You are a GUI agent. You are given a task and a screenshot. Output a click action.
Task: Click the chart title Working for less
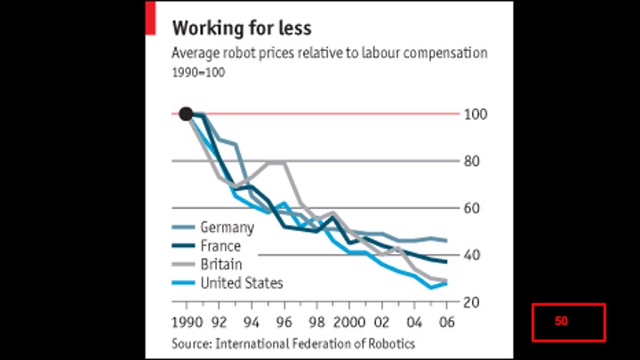(x=242, y=28)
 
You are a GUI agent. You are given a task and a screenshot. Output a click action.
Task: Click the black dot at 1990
(x=186, y=113)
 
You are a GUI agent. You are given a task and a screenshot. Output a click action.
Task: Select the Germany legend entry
(x=228, y=227)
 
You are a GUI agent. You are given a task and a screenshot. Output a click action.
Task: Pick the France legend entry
(x=220, y=245)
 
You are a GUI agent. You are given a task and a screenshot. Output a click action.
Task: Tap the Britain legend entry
(x=221, y=264)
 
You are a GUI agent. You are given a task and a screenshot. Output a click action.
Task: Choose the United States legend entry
(x=242, y=283)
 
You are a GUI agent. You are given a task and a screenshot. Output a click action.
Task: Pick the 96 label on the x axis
(x=284, y=322)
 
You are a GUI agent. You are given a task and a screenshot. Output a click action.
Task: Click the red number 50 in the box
(x=561, y=322)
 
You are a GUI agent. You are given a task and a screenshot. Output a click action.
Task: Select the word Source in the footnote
(x=190, y=342)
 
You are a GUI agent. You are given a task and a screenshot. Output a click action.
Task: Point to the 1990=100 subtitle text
(x=198, y=72)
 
